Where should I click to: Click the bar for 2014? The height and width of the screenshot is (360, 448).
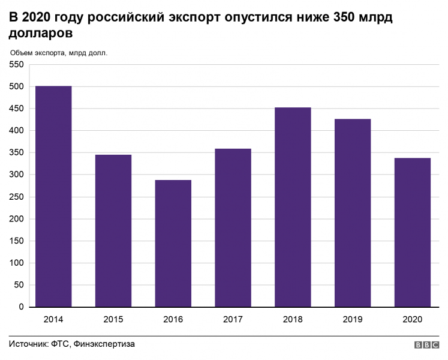pyautogui.click(x=53, y=196)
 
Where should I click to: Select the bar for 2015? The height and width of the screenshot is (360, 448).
pyautogui.click(x=113, y=231)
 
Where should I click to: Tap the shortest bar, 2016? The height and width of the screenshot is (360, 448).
pyautogui.click(x=173, y=244)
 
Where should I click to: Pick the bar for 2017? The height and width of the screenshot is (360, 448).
pyautogui.click(x=233, y=228)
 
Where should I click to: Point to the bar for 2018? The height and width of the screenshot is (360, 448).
pyautogui.click(x=293, y=207)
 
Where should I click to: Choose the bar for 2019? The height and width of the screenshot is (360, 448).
pyautogui.click(x=353, y=213)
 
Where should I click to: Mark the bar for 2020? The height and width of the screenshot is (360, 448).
pyautogui.click(x=413, y=232)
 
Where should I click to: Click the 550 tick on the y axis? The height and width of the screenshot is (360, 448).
pyautogui.click(x=16, y=64)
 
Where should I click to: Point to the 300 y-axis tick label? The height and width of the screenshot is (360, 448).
pyautogui.click(x=16, y=175)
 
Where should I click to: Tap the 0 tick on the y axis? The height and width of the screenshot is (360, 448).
pyautogui.click(x=21, y=307)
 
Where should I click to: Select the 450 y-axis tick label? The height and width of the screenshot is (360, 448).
pyautogui.click(x=16, y=109)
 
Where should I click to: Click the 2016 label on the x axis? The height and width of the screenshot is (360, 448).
pyautogui.click(x=173, y=319)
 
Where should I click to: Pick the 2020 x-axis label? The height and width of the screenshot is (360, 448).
pyautogui.click(x=413, y=319)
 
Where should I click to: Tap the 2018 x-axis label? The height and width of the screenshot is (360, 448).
pyautogui.click(x=293, y=319)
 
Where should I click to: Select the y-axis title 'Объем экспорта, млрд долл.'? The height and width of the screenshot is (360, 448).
pyautogui.click(x=59, y=53)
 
